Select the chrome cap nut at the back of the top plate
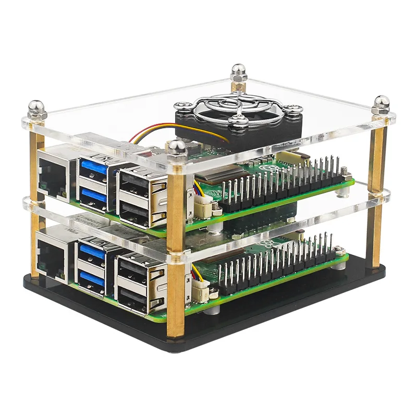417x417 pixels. pyautogui.click(x=238, y=72)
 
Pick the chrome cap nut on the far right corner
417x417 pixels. pyautogui.click(x=381, y=103)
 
